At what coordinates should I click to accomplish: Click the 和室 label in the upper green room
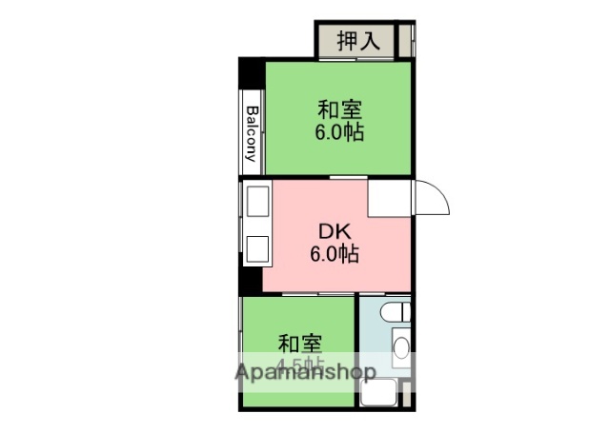tap(339, 108)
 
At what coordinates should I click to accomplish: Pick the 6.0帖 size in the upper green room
tap(339, 131)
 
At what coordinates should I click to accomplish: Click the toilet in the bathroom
tap(396, 311)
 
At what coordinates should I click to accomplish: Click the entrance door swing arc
tap(435, 197)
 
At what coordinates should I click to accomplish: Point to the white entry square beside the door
tap(389, 197)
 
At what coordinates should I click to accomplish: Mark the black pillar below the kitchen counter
tap(250, 282)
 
